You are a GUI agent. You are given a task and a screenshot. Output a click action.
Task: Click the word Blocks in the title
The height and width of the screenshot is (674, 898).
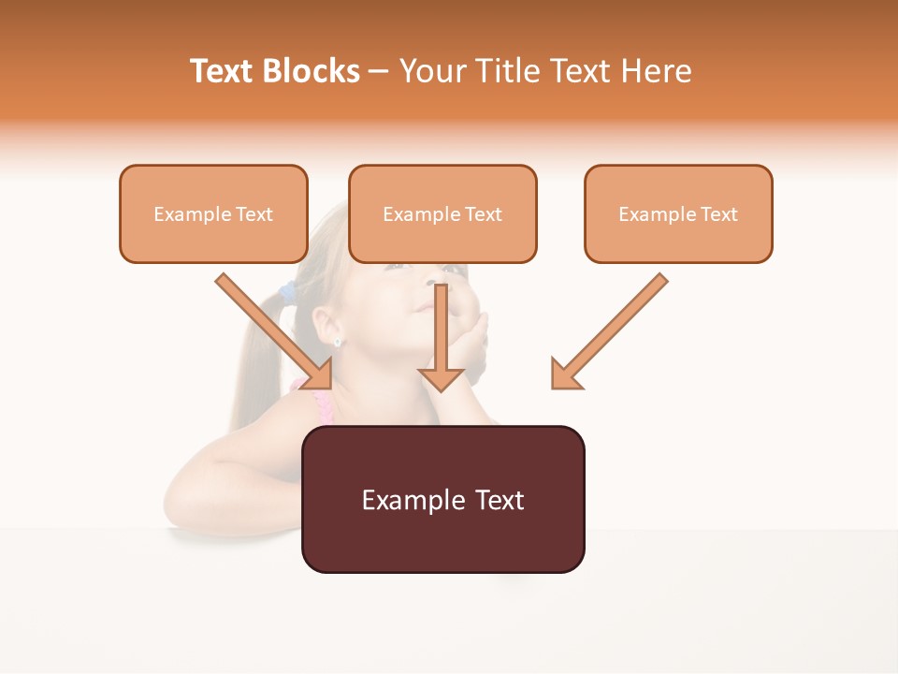coord(311,71)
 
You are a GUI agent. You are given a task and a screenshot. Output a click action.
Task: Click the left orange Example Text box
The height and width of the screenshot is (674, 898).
coord(213,214)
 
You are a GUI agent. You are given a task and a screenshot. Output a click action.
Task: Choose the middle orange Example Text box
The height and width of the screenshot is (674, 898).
coord(442,214)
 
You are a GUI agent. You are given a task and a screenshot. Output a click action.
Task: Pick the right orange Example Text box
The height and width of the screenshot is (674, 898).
coord(678,214)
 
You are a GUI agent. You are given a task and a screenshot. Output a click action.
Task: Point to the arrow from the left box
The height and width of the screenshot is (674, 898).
coord(275,331)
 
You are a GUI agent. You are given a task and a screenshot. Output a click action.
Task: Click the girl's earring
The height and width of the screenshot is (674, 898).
coord(338,343)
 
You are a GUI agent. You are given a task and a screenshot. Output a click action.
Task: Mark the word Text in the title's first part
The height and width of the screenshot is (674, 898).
coord(223,71)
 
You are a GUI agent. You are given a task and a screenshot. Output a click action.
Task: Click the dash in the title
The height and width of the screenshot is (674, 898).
coord(379,72)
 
